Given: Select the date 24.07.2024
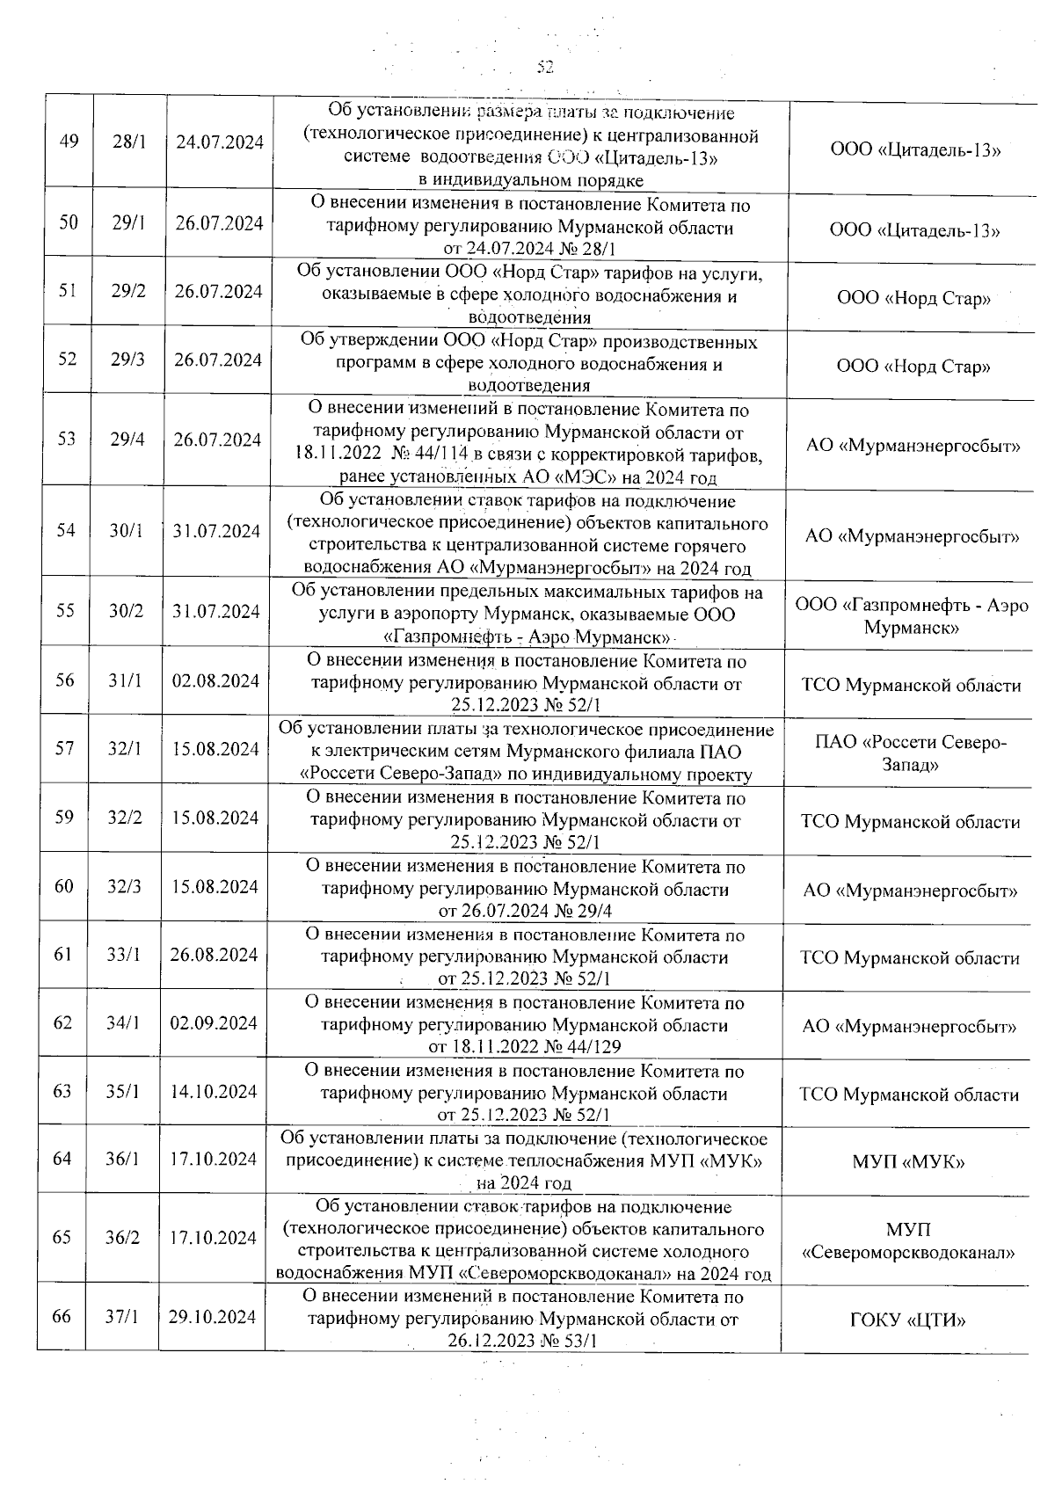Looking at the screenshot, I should point(220,142).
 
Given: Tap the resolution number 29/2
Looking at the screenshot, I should point(128,291).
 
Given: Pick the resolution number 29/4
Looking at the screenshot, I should point(127,440).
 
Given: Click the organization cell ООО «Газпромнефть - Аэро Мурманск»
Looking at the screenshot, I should point(911,616).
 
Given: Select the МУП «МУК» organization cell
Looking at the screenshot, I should point(908,1162).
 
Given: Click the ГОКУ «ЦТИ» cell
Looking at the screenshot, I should point(908,1320).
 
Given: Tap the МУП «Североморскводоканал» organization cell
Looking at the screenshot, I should point(908,1240).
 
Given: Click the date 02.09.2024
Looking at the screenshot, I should point(214,1023).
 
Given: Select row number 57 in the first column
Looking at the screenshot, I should point(64,748).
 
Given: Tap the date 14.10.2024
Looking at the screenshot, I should point(214,1092).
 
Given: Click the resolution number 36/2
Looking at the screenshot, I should point(123,1238).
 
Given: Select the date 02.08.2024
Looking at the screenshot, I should point(215,681).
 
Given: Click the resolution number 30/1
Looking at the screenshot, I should point(127,531).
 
